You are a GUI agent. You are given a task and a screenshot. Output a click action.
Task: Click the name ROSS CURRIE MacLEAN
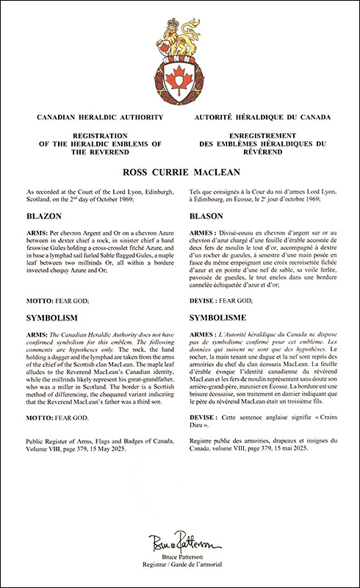click(x=180, y=173)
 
